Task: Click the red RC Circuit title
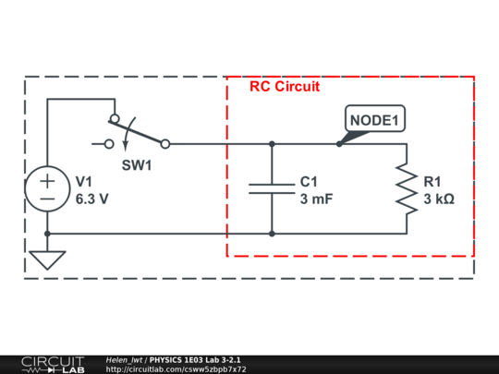coord(285,86)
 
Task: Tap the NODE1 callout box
coord(374,120)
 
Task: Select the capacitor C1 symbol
coord(272,189)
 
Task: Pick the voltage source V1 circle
coord(46,189)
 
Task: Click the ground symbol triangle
coord(46,259)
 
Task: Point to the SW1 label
coord(137,165)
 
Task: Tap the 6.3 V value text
coord(92,199)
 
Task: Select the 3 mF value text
coord(318,199)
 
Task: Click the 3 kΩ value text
coord(438,199)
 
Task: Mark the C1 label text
coord(309,181)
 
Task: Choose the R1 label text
coord(432,181)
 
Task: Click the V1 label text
coord(84,181)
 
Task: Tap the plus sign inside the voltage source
coord(46,181)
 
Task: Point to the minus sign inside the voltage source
coord(46,199)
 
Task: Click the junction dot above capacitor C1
coord(272,144)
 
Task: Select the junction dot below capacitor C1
coord(272,234)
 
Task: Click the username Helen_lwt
coord(124,359)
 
